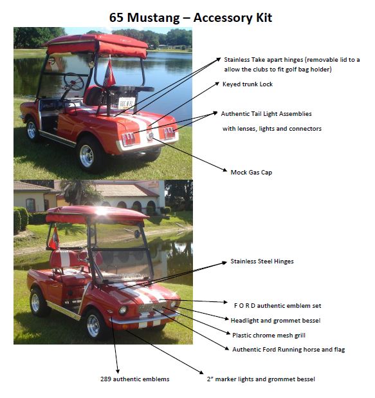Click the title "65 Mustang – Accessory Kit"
tap(190, 18)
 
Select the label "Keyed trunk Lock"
tap(248, 84)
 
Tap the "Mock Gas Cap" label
tap(252, 173)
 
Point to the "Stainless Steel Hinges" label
tap(262, 261)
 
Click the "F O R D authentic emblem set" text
tap(277, 306)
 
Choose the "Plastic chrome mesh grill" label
tap(269, 336)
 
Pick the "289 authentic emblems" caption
tap(135, 379)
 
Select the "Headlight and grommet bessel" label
tap(275, 321)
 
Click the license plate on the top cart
tap(127, 103)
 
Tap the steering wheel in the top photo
tap(73, 82)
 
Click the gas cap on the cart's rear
tap(150, 136)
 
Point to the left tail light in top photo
tap(129, 139)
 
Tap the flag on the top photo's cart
tap(109, 73)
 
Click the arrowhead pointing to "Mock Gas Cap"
tap(224, 170)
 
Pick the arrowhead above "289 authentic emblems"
tap(118, 371)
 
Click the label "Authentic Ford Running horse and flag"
tap(289, 350)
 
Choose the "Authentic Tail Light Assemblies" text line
tap(266, 114)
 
